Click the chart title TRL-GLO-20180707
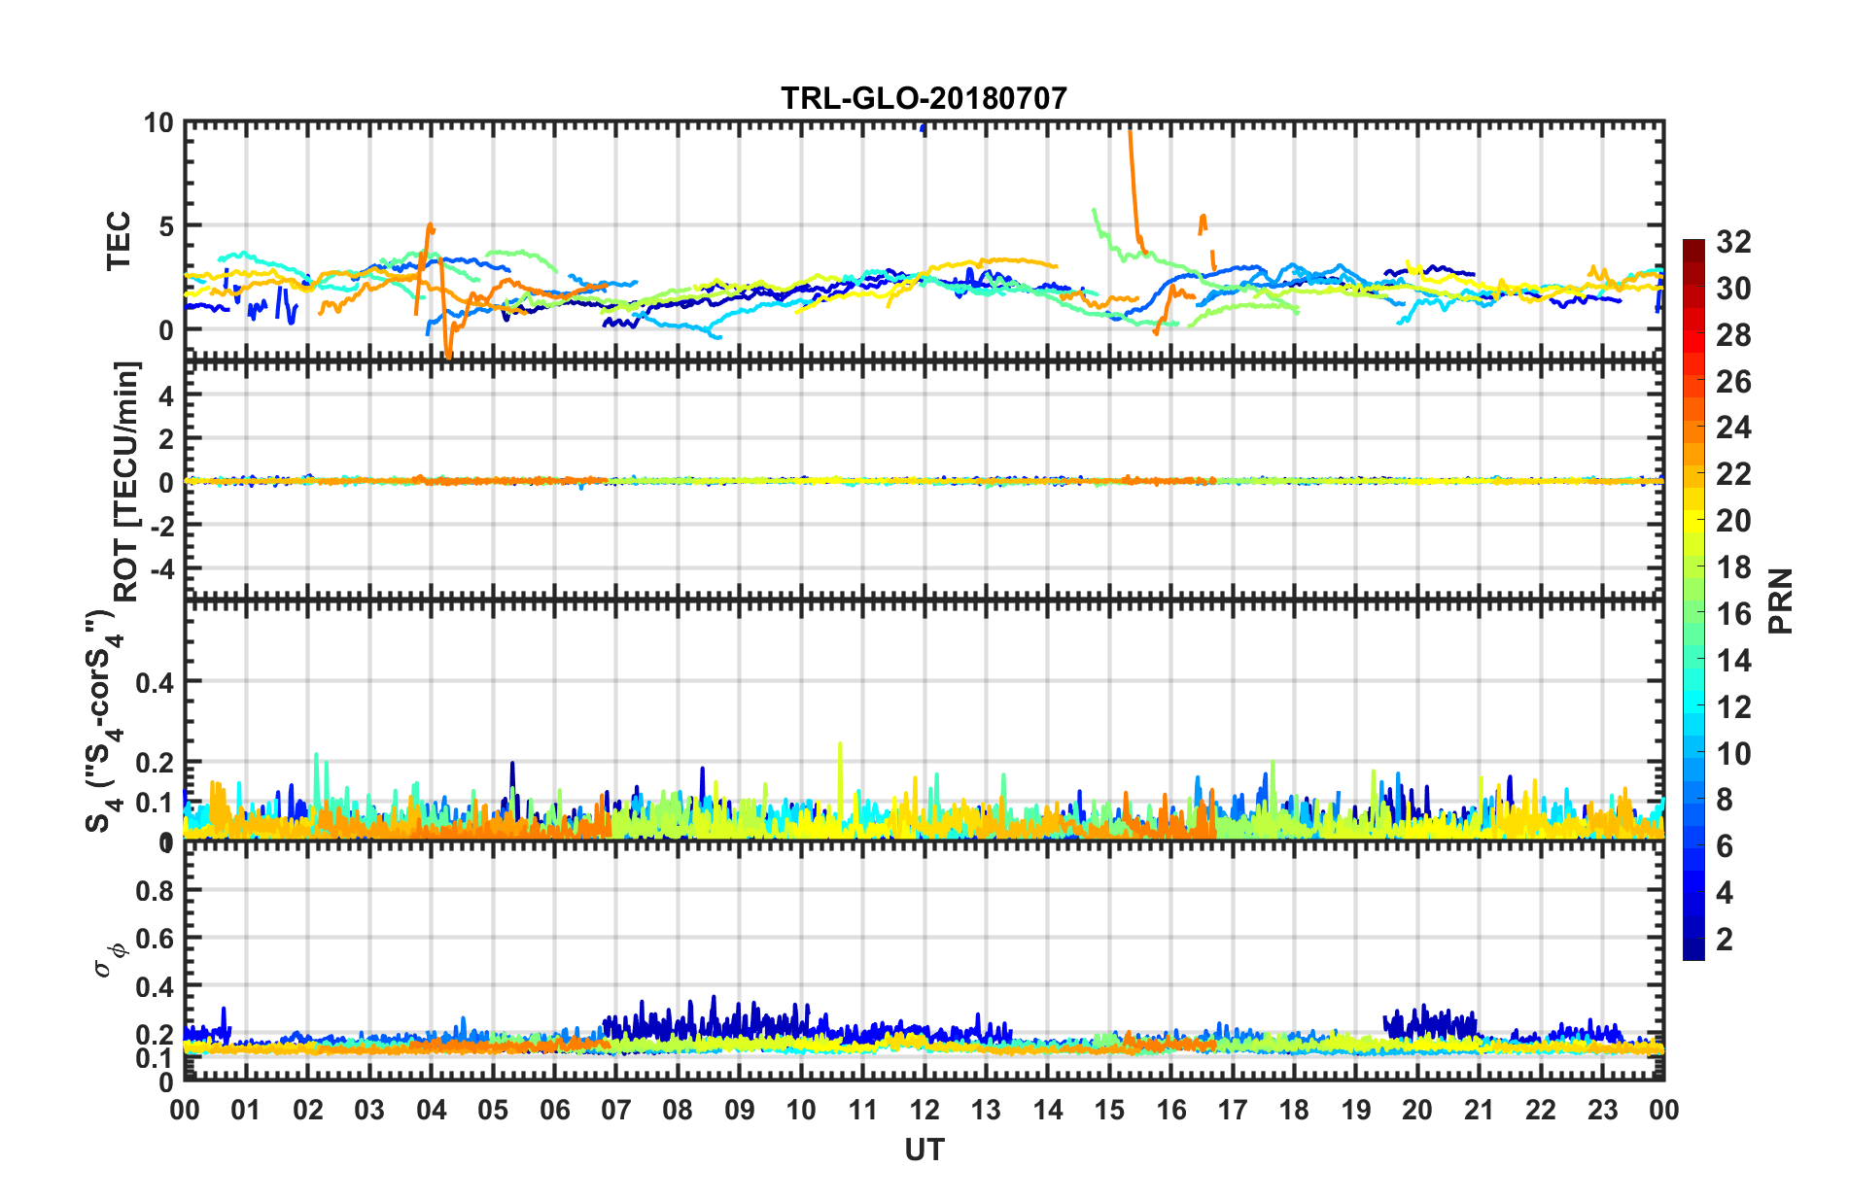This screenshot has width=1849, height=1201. (x=924, y=98)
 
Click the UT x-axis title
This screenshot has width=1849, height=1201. (x=924, y=1150)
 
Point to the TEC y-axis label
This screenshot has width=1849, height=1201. (x=119, y=241)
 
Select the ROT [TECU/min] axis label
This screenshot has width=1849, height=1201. (x=126, y=482)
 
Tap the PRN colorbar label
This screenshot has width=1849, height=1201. (x=1780, y=600)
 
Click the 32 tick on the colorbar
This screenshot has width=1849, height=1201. (x=1733, y=242)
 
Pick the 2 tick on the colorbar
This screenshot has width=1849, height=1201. (x=1725, y=939)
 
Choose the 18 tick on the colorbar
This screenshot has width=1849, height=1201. (x=1733, y=567)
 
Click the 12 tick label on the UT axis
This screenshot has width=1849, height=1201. (x=924, y=1110)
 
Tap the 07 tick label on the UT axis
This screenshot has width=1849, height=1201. (x=616, y=1110)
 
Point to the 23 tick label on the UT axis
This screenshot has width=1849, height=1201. (x=1602, y=1110)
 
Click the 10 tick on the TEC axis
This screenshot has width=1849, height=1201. (x=158, y=123)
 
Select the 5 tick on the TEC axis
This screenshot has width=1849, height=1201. (x=165, y=226)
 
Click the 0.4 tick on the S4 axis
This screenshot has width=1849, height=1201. (x=154, y=682)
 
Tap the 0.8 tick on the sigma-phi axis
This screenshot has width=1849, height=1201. (x=154, y=890)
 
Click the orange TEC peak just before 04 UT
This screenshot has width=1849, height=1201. (x=430, y=225)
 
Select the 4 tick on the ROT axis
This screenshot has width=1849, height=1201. (x=165, y=395)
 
